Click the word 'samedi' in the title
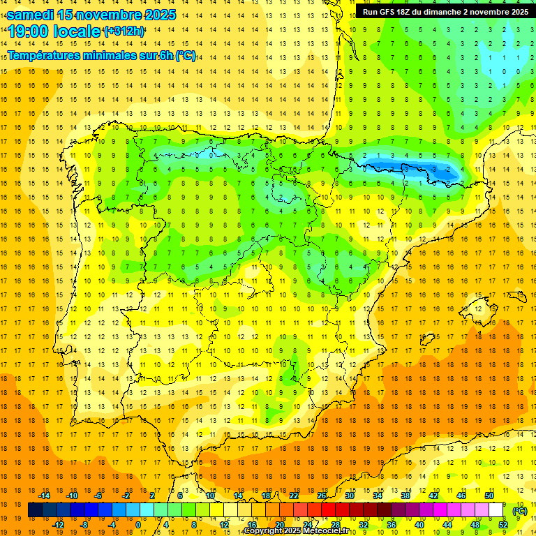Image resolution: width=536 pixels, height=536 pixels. point(30,14)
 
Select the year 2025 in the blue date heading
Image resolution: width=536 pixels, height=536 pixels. point(160,14)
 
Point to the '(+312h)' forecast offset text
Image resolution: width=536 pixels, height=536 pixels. point(124,31)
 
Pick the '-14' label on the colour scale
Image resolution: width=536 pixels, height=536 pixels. point(44,496)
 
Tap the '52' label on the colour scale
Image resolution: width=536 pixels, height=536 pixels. point(503,525)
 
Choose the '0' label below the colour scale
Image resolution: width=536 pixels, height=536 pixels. point(137,525)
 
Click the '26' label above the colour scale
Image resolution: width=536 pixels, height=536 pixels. point(322,496)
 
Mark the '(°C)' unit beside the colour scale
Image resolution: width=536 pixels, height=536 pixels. point(520,511)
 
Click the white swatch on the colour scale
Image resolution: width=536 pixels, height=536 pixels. point(496,511)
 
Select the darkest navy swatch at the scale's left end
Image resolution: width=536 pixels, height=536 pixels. point(35,511)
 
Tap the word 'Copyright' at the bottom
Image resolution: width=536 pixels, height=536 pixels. point(265,531)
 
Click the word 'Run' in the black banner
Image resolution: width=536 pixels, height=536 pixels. point(370,12)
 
